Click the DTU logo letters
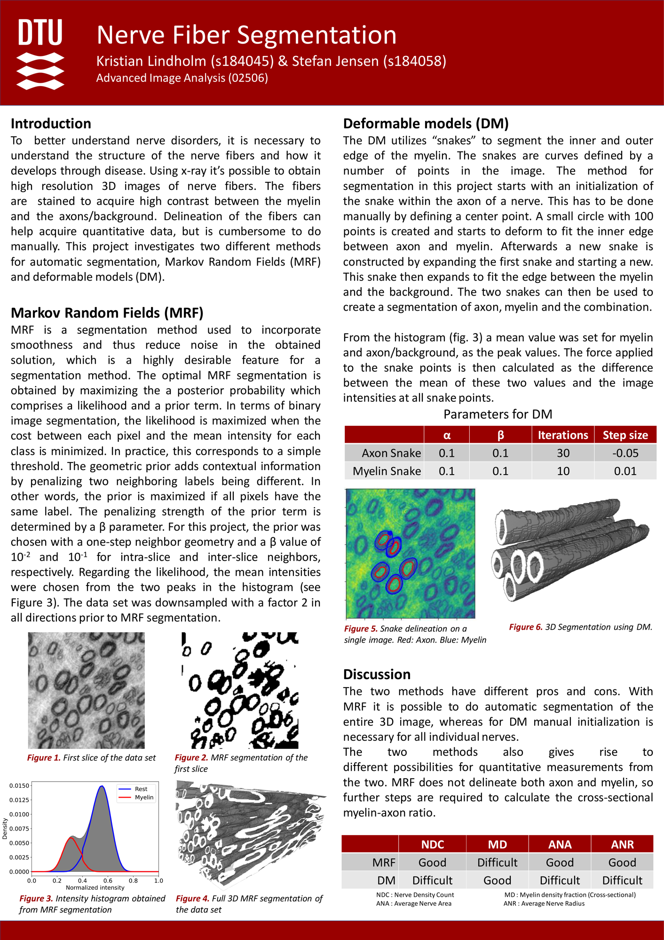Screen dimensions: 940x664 (40, 33)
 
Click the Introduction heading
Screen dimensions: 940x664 (51, 124)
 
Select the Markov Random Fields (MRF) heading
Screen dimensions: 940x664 (107, 313)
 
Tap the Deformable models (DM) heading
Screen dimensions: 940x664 (426, 124)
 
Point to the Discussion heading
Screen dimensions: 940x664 (377, 674)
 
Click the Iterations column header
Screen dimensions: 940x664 (562, 435)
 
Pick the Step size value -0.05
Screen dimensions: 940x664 (625, 453)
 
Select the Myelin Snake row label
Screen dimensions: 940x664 (387, 471)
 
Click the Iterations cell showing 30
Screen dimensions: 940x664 (563, 453)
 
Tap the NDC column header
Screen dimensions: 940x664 (432, 845)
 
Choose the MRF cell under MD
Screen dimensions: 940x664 (497, 862)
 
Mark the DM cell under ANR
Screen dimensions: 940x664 (622, 880)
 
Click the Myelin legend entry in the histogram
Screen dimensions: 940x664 (144, 798)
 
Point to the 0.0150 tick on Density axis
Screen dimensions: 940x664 (20, 786)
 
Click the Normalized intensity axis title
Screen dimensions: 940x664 (95, 888)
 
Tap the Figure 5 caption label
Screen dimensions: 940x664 (361, 629)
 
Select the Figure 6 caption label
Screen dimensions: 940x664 (526, 627)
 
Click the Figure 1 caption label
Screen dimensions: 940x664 (44, 758)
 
